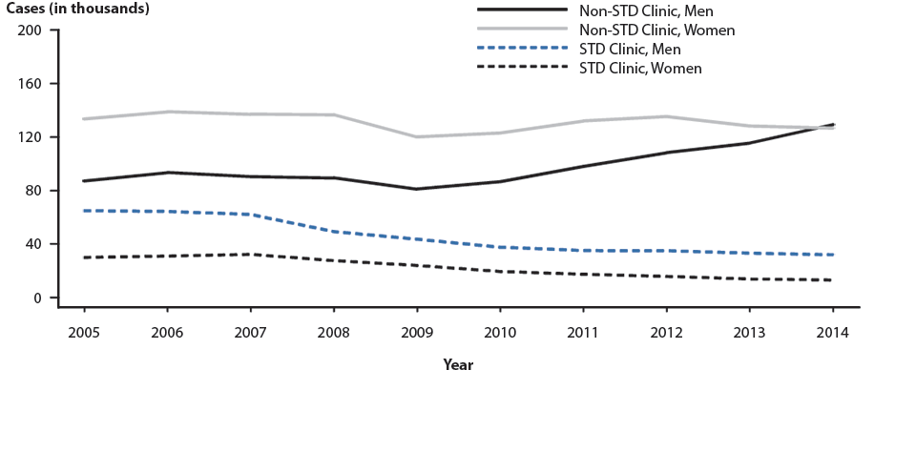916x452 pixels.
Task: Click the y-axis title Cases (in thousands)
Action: (78, 9)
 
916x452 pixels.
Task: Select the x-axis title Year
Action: (458, 365)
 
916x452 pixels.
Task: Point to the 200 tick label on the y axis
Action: (31, 31)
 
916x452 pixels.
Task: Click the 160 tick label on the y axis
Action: (31, 84)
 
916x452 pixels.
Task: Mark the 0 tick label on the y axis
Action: (39, 298)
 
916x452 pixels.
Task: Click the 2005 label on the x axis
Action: (84, 332)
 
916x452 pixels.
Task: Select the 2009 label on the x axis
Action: (417, 332)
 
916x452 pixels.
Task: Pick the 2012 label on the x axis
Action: (666, 332)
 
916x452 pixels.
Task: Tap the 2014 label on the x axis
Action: (833, 332)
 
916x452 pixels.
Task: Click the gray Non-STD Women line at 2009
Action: (417, 136)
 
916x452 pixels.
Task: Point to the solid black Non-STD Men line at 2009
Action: (417, 189)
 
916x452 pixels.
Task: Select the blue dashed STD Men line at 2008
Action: (334, 232)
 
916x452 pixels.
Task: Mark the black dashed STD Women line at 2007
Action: (250, 255)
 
